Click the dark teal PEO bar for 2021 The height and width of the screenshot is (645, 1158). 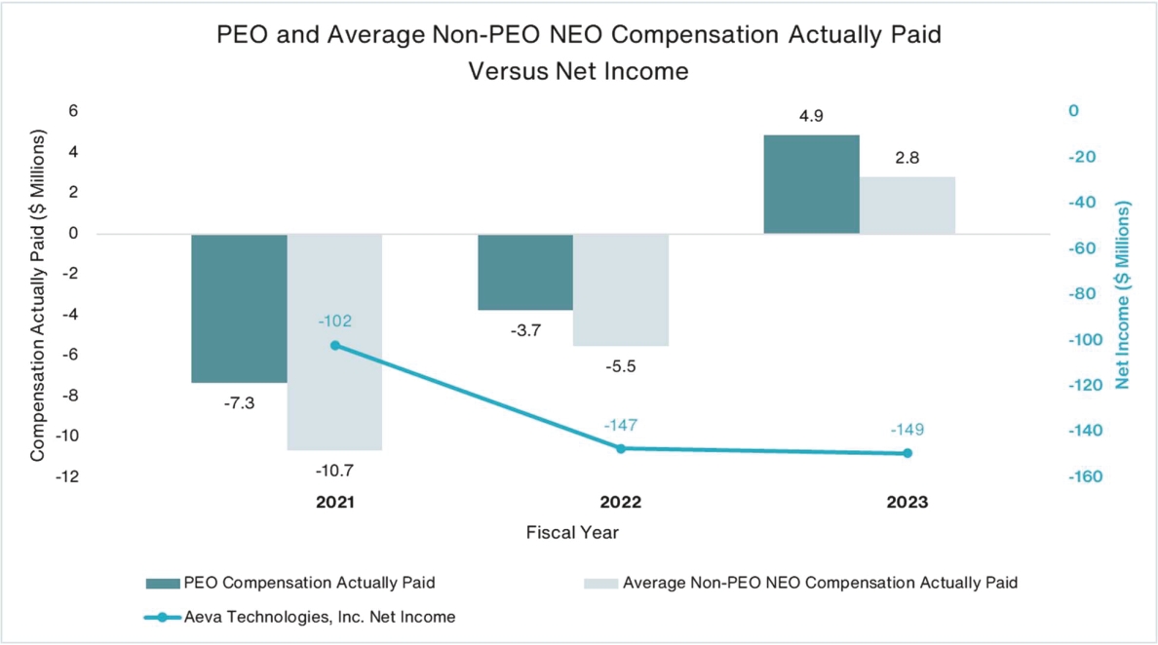[x=239, y=308]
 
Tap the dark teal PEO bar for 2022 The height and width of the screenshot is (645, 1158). [x=524, y=272]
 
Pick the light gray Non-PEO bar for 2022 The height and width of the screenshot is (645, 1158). [x=621, y=290]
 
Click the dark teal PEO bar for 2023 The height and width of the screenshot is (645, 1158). [x=811, y=184]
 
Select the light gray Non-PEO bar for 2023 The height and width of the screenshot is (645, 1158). [x=907, y=206]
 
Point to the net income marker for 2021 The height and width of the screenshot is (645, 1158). [x=335, y=345]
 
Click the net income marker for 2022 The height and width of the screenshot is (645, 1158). [x=621, y=448]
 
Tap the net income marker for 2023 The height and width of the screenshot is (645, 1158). [x=907, y=453]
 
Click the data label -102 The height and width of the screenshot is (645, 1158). [x=334, y=321]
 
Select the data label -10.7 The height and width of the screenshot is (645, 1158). [x=334, y=471]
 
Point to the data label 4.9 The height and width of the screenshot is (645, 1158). [x=811, y=116]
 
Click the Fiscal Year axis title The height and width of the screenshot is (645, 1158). [x=572, y=533]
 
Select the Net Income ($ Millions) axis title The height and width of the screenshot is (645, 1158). [x=1123, y=295]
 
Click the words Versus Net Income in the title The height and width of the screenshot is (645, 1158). [x=579, y=71]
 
